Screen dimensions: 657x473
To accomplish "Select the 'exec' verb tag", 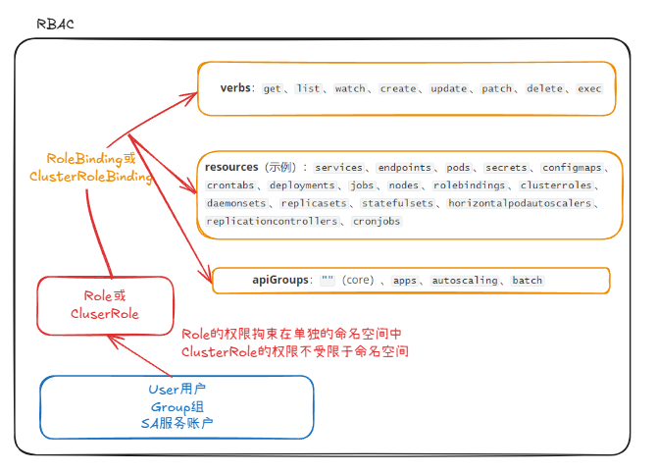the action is click(x=589, y=88).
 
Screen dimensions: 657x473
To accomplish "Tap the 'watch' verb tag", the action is click(x=350, y=88).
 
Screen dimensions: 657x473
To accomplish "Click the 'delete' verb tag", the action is click(x=544, y=88).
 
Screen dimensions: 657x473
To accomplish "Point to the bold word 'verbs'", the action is click(x=236, y=88).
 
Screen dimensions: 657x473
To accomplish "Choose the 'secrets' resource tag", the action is click(x=506, y=168).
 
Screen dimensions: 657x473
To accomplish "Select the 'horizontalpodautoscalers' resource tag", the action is click(x=520, y=203).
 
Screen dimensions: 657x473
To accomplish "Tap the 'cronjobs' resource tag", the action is click(x=376, y=221).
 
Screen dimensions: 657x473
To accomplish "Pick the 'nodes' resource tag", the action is click(x=403, y=185).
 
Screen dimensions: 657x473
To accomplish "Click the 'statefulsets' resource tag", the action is click(x=397, y=203).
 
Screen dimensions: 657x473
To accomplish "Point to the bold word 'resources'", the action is click(x=231, y=168).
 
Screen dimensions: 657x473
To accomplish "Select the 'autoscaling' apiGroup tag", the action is click(x=465, y=280).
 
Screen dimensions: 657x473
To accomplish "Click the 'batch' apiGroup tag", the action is click(x=527, y=280).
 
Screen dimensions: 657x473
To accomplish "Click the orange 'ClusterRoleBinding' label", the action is click(x=91, y=177).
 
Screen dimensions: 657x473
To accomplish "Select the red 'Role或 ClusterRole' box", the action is click(x=105, y=304).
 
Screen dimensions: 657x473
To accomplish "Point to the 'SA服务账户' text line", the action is click(x=177, y=423).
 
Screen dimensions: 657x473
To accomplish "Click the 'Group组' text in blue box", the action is click(x=177, y=406).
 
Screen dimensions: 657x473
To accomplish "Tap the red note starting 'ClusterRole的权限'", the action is click(x=294, y=350).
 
